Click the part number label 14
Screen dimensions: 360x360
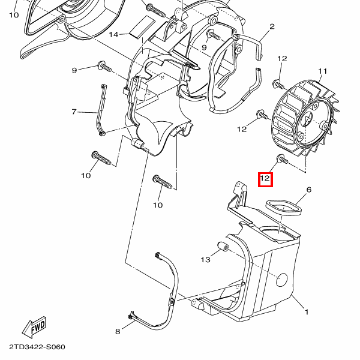pyautogui.click(x=114, y=34)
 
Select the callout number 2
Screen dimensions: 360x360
pyautogui.click(x=272, y=26)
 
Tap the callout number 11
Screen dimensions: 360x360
pyautogui.click(x=322, y=71)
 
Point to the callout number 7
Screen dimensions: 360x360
pyautogui.click(x=74, y=112)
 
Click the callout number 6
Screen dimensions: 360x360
pyautogui.click(x=309, y=190)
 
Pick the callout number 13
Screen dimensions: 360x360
pyautogui.click(x=206, y=260)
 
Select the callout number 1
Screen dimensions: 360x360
pyautogui.click(x=307, y=312)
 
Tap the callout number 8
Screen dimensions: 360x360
pyautogui.click(x=118, y=331)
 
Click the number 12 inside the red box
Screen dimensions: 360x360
pyautogui.click(x=265, y=179)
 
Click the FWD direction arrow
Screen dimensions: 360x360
pyautogui.click(x=34, y=328)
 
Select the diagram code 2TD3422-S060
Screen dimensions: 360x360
pyautogui.click(x=37, y=347)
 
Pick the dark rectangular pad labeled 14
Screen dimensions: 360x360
pyautogui.click(x=142, y=25)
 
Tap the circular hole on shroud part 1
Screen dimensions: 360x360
pyautogui.click(x=280, y=279)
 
